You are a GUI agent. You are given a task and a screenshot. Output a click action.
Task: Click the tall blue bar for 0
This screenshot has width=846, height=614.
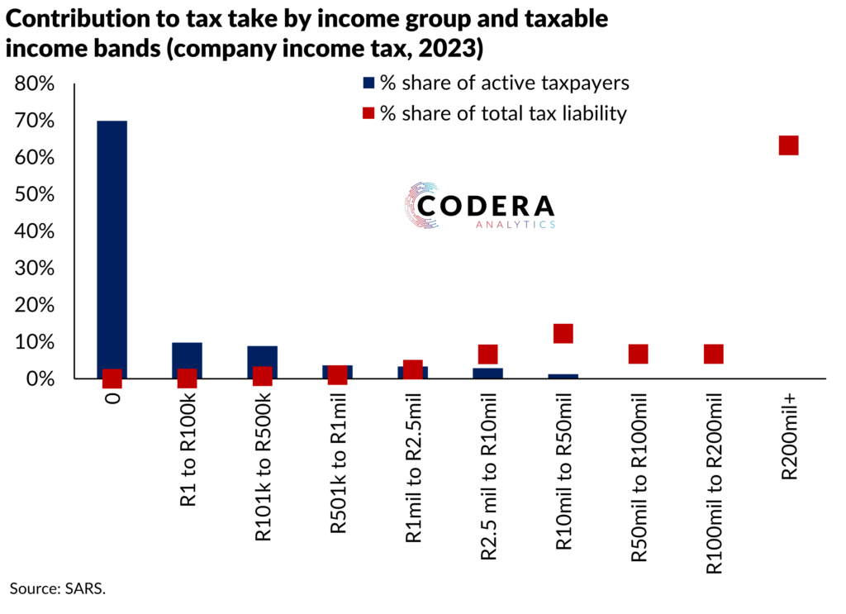point(112,248)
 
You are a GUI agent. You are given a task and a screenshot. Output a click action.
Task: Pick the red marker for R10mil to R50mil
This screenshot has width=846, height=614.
point(563,333)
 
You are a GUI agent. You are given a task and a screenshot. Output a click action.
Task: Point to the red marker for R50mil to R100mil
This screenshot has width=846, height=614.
point(638,354)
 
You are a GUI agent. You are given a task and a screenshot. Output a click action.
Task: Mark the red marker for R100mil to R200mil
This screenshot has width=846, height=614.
point(713,354)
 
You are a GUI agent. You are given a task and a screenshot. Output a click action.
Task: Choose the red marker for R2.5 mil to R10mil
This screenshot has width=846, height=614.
point(487,354)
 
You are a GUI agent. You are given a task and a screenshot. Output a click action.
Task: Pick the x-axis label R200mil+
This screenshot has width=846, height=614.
point(788,438)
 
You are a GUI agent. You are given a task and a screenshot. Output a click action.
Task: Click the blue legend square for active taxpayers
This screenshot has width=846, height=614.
point(368,83)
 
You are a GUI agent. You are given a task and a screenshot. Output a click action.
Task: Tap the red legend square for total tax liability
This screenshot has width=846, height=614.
point(368,114)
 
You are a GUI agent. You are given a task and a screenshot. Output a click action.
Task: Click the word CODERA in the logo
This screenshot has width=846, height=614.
point(486,206)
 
